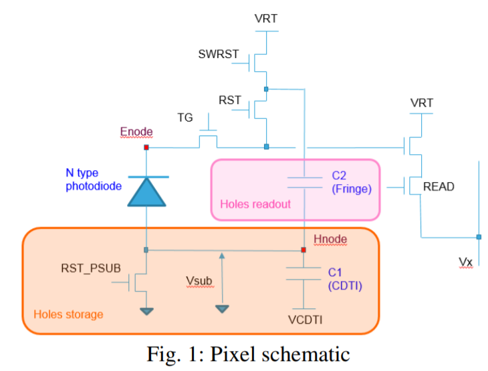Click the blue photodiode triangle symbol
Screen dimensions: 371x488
tap(145, 192)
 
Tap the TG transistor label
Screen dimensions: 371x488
tap(185, 117)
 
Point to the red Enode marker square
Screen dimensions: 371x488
tap(146, 147)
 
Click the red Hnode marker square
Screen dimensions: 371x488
tap(303, 250)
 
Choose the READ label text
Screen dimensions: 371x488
tap(439, 187)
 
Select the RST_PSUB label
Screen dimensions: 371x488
tap(90, 269)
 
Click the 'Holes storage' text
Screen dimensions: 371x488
tap(68, 314)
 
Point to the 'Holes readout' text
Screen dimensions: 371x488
tap(255, 204)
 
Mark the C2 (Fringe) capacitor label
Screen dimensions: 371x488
tap(351, 183)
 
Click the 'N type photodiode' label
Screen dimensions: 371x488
tap(94, 179)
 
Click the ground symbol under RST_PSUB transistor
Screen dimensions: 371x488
tap(146, 310)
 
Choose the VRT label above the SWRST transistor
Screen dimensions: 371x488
tap(266, 18)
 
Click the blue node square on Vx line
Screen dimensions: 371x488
tap(479, 237)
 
